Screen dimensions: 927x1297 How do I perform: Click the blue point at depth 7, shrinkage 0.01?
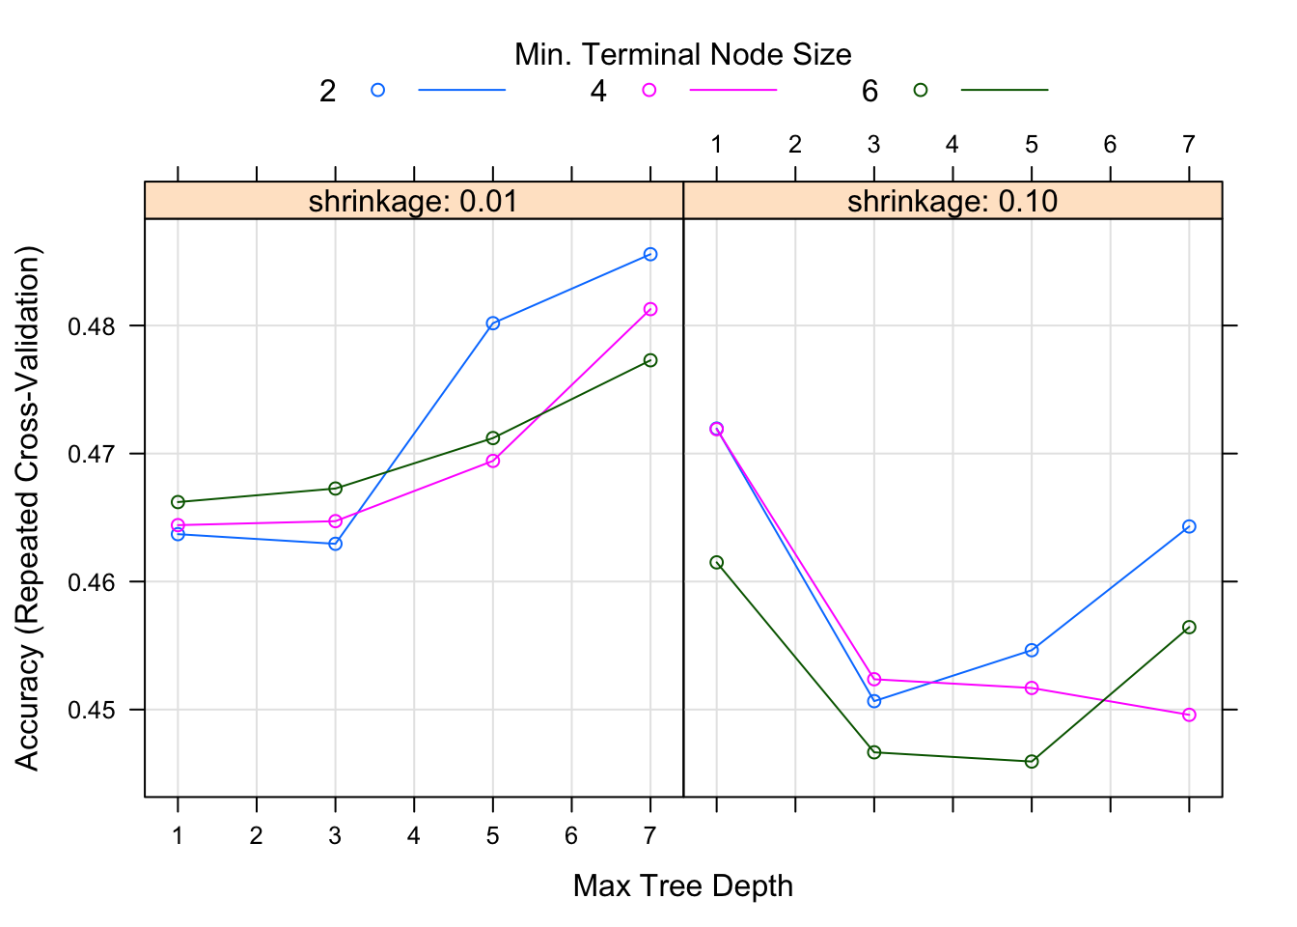pos(650,254)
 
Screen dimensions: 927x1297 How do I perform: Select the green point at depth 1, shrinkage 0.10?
pos(716,562)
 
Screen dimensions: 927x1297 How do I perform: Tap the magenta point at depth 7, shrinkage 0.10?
pos(1189,715)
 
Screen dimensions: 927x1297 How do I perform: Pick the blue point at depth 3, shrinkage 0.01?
pos(335,544)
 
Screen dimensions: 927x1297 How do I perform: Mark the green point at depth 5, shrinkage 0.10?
pos(1032,761)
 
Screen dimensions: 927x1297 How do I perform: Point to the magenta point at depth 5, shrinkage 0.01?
pos(493,461)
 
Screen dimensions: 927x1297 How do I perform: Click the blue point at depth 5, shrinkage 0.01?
pos(493,323)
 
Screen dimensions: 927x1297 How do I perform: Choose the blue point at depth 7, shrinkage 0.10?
pos(1189,526)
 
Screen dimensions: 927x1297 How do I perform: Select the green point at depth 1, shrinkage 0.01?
pos(178,502)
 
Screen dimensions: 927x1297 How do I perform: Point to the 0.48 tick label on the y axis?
pos(91,326)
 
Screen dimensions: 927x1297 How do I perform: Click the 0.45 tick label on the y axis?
pos(91,711)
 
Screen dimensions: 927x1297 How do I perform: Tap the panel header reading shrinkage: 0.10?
pos(952,201)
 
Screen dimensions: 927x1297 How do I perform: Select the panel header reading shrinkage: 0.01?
pos(413,201)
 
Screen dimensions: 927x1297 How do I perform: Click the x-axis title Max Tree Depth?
pos(682,885)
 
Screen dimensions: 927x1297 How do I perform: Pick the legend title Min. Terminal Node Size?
pos(682,54)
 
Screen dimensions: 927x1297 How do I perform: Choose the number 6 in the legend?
pos(869,91)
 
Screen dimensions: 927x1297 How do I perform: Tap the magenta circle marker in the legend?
pos(649,90)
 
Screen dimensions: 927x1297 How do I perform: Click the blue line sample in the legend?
pos(461,90)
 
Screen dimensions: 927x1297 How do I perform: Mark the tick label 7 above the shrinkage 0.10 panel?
pos(1189,145)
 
